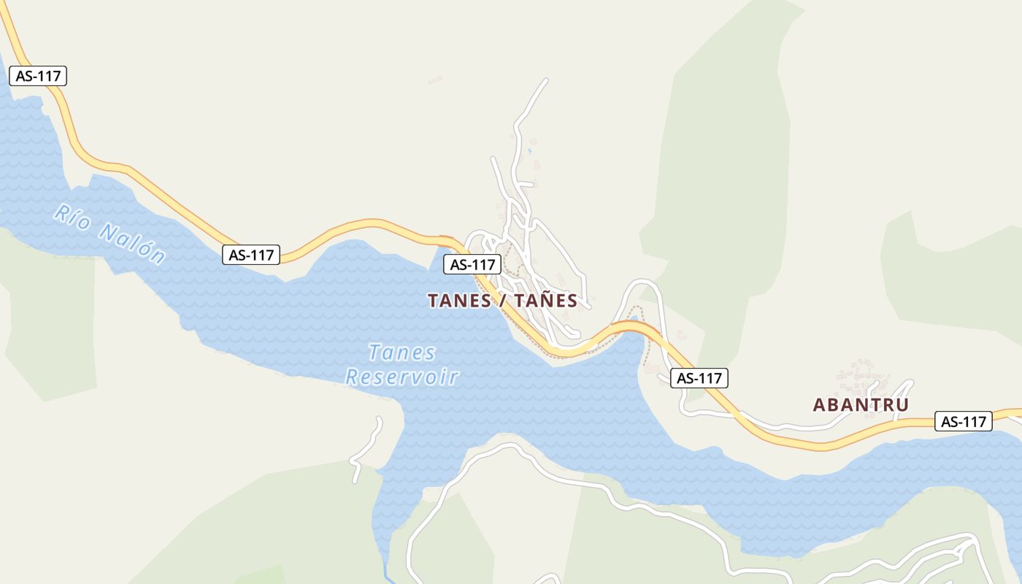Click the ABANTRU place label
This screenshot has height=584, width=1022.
pyautogui.click(x=861, y=404)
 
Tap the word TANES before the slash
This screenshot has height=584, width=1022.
pyautogui.click(x=459, y=301)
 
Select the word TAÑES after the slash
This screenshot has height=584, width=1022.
pyautogui.click(x=545, y=301)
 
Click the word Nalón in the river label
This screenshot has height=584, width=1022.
pyautogui.click(x=131, y=243)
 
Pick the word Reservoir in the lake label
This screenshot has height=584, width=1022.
pyautogui.click(x=402, y=377)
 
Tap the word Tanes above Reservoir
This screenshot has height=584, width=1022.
pyautogui.click(x=402, y=353)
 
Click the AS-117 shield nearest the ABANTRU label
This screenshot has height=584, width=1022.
pyautogui.click(x=963, y=421)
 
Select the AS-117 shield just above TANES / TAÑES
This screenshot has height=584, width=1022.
pyautogui.click(x=472, y=264)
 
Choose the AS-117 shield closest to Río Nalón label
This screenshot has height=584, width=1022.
pyautogui.click(x=251, y=255)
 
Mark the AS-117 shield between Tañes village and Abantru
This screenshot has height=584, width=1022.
pyautogui.click(x=699, y=378)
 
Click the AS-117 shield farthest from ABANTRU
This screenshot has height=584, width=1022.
pyautogui.click(x=38, y=76)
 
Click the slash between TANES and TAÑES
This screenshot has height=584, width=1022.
pyautogui.click(x=503, y=301)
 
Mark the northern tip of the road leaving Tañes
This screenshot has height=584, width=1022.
pyautogui.click(x=545, y=80)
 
